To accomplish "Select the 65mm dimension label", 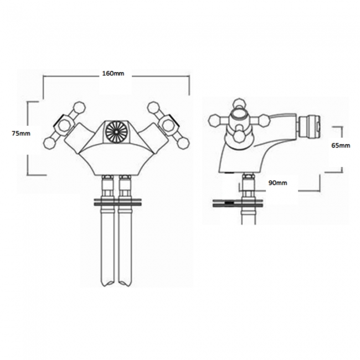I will [341, 146].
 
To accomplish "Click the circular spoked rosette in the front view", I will [117, 132].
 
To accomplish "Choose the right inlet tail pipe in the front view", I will [125, 244].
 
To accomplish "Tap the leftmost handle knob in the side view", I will [213, 120].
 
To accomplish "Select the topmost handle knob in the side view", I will [239, 103].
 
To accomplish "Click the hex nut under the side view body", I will [248, 181].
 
